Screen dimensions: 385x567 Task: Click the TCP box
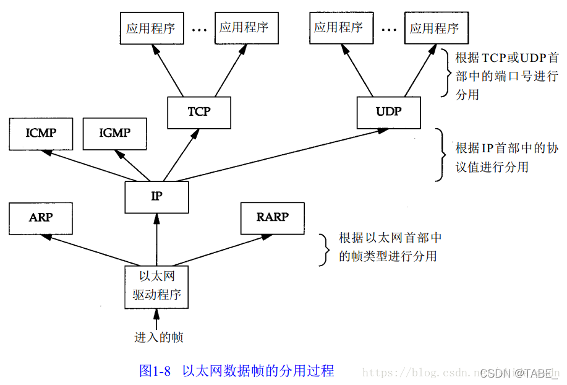pyautogui.click(x=199, y=112)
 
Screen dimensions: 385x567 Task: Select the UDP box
pyautogui.click(x=389, y=112)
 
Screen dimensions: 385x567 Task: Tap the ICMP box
pyautogui.click(x=41, y=133)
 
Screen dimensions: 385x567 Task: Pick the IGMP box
pyautogui.click(x=115, y=133)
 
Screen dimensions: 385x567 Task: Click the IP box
pyautogui.click(x=156, y=196)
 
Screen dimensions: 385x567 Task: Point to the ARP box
pyautogui.click(x=41, y=217)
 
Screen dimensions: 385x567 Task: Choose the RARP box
pyautogui.click(x=272, y=217)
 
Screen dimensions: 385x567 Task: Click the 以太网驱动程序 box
pyautogui.click(x=156, y=286)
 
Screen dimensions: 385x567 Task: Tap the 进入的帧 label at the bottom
pyautogui.click(x=159, y=337)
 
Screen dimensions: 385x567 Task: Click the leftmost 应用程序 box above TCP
pyautogui.click(x=150, y=28)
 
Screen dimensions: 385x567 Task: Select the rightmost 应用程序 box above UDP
pyautogui.click(x=435, y=28)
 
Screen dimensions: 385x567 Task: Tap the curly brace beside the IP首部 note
pyautogui.click(x=440, y=154)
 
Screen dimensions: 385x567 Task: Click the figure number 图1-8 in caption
pyautogui.click(x=155, y=371)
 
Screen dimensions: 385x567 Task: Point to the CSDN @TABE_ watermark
pyautogui.click(x=518, y=373)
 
